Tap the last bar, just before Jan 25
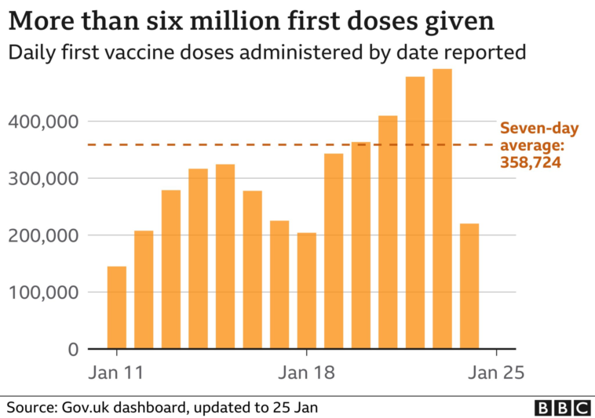click(x=469, y=286)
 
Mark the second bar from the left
click(x=144, y=289)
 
